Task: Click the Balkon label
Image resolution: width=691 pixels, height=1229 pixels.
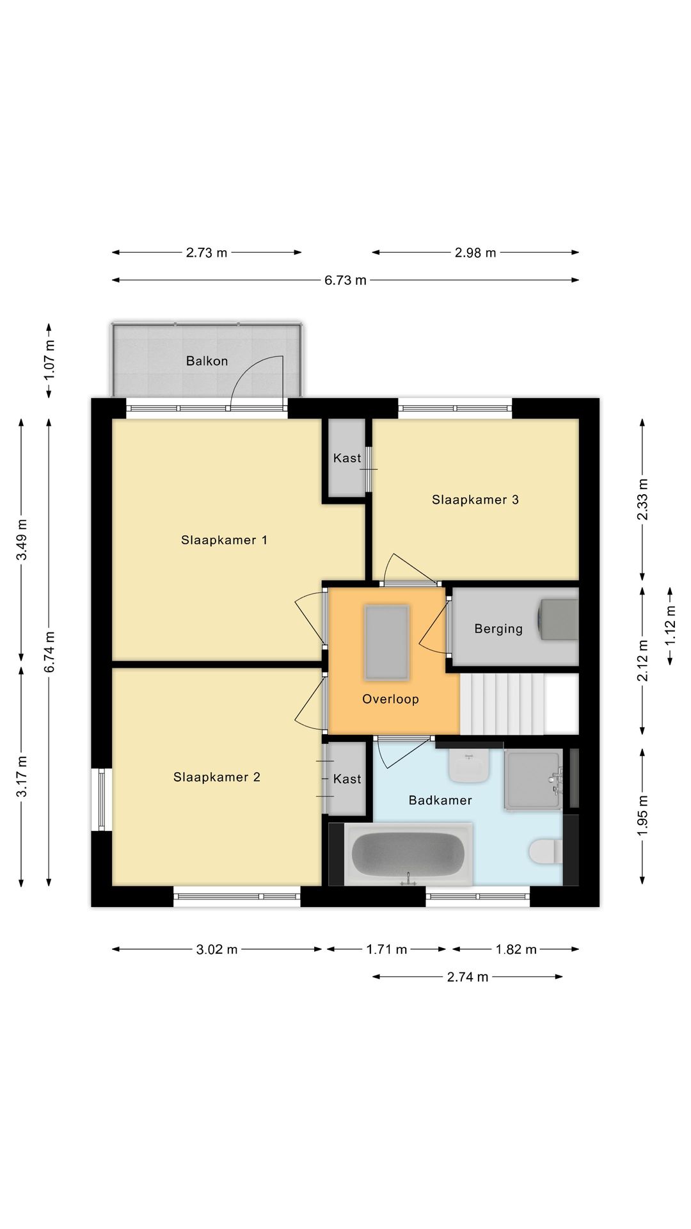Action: point(207,361)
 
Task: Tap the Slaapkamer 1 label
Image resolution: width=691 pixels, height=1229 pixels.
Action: point(224,540)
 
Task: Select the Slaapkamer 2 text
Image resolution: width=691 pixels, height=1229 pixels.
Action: point(216,777)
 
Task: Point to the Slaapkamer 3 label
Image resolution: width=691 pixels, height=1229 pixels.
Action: point(475,500)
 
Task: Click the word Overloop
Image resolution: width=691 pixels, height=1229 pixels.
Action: point(390,699)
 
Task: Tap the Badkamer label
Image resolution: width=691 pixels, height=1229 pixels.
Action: point(440,800)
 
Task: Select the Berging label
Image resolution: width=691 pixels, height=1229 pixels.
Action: point(498,629)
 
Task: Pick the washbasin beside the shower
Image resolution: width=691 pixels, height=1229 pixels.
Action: point(469,766)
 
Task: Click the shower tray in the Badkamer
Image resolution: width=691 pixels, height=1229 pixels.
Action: point(532,780)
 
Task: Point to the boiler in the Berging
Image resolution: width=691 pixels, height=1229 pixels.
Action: point(558,619)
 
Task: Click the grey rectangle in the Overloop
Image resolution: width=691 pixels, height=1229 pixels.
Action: point(386,641)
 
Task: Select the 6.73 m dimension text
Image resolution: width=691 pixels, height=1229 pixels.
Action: point(345,280)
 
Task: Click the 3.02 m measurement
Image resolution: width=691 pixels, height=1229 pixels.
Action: point(217,949)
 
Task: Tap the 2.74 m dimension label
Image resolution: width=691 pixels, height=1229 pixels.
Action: point(467,977)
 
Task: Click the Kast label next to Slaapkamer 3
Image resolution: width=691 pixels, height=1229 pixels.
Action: point(347,458)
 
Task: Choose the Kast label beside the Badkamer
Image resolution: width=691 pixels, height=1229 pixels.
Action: point(347,779)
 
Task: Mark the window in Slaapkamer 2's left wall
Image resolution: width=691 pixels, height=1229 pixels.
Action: point(101,800)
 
